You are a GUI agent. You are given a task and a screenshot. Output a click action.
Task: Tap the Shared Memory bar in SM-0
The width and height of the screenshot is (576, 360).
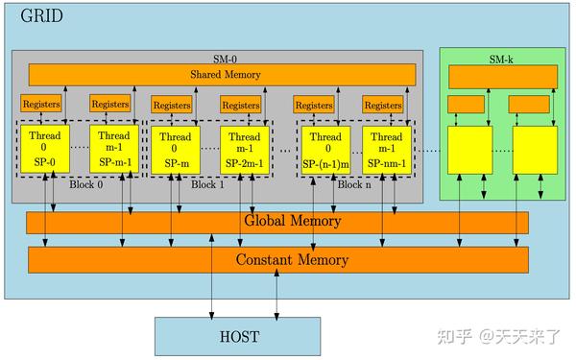(x=222, y=74)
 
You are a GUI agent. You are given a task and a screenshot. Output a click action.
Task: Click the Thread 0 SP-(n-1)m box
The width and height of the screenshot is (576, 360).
(x=324, y=149)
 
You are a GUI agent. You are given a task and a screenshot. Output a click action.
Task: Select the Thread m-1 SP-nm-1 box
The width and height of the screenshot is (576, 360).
(x=387, y=149)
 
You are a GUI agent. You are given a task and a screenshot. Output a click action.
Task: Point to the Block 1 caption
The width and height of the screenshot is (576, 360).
(x=206, y=184)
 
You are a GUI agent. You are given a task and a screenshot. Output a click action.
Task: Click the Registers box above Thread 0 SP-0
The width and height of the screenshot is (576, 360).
(x=42, y=104)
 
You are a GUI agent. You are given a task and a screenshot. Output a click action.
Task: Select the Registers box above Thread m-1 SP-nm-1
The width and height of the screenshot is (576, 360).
(x=384, y=104)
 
